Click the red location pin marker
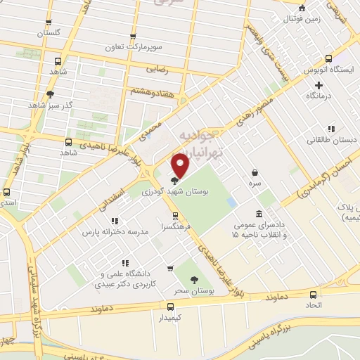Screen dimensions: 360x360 (x=181, y=165)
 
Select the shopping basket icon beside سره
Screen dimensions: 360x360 (x=254, y=172)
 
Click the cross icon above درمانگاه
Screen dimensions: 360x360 (x=319, y=85)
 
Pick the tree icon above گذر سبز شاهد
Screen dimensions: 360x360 (x=49, y=94)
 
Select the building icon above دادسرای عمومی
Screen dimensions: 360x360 (x=259, y=213)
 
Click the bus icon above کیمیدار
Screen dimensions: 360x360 (x=169, y=306)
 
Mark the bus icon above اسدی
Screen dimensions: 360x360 (x=7, y=191)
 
